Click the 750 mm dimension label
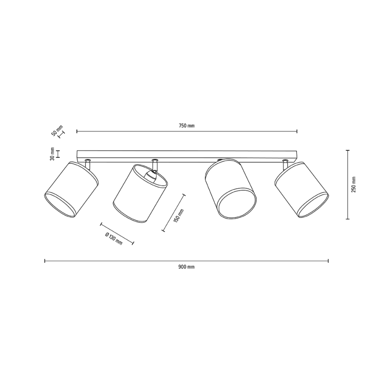tap(187, 125)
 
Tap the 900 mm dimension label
tap(186, 266)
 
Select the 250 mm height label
tap(354, 184)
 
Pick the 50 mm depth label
tap(57, 130)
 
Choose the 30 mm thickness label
tap(52, 154)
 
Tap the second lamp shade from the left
tap(140, 193)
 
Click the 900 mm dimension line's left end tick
tap(45, 260)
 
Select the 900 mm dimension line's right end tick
tap(328, 260)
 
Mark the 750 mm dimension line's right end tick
tap(297, 131)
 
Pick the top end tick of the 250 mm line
tap(347, 150)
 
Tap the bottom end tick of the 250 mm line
tap(347, 219)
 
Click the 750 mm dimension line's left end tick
tap(77, 131)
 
